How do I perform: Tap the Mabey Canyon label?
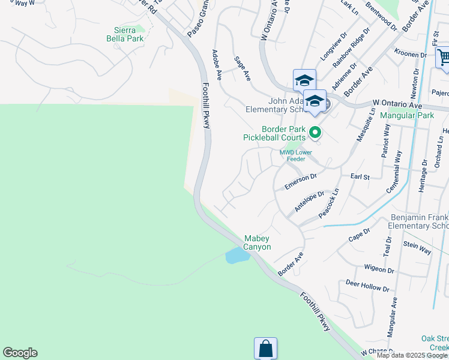(x=257, y=242)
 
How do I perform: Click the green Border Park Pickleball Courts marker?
(x=314, y=131)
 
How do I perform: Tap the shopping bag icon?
(x=265, y=348)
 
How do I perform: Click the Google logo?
(x=20, y=353)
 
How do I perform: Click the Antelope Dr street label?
(x=309, y=202)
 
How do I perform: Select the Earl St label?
(x=360, y=177)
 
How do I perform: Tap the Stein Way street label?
(x=417, y=247)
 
